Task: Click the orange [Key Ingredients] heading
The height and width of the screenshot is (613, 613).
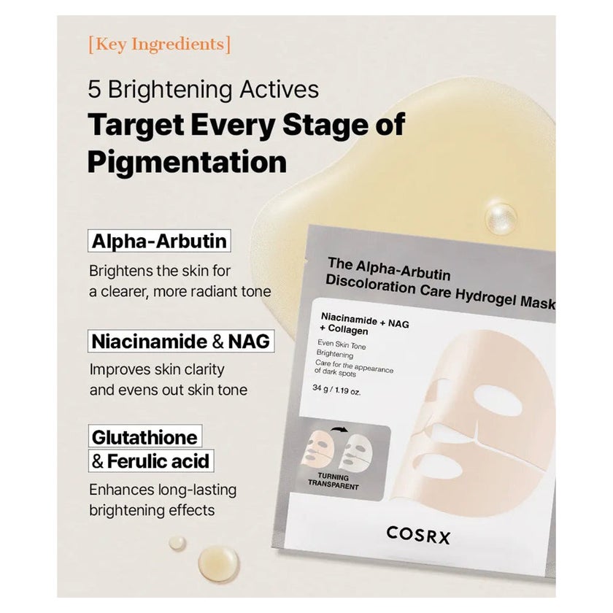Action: [160, 45]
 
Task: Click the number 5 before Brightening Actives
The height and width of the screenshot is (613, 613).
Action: [94, 89]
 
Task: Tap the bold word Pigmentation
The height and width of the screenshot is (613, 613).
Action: [187, 162]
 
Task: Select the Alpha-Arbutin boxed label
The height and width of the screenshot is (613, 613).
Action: [159, 241]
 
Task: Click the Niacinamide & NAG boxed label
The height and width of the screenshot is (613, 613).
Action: [181, 342]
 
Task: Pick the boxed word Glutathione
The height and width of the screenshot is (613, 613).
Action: [145, 436]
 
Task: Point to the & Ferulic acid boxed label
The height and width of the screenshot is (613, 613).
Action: [151, 461]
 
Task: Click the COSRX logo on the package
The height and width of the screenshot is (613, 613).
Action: [418, 535]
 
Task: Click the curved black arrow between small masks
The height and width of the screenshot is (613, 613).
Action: [339, 430]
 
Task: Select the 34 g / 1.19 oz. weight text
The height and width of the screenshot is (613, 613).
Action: [336, 390]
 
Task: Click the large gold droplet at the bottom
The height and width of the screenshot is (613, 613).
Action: [218, 563]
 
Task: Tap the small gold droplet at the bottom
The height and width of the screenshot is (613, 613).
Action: [177, 543]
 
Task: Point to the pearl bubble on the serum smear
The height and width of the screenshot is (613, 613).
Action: [501, 218]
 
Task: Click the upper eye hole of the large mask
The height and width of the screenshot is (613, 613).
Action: [498, 401]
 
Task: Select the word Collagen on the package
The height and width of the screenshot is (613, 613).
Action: [348, 331]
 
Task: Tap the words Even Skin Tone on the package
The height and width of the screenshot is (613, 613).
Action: [342, 344]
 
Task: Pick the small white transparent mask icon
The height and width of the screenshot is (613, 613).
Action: [357, 453]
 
